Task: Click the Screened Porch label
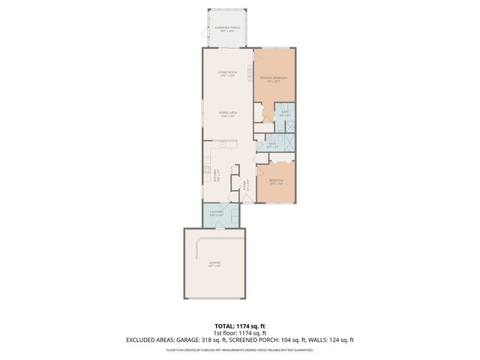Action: [x=226, y=29]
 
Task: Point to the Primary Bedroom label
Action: [x=274, y=79]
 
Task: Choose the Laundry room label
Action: [x=217, y=214]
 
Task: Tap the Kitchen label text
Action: [x=217, y=176]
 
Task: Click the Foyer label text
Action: [x=244, y=187]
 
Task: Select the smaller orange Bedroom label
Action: [x=276, y=182]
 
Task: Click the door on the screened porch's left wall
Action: [x=202, y=33]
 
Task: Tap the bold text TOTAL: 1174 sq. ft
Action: [x=239, y=326]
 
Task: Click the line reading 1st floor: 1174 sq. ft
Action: [x=239, y=333]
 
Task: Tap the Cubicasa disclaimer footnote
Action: [x=239, y=348]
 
